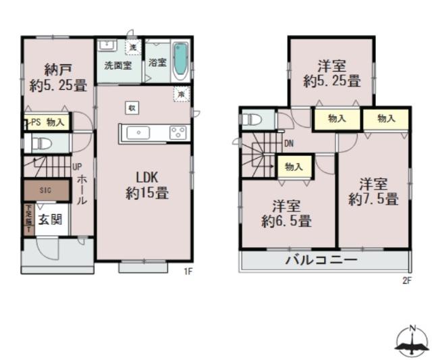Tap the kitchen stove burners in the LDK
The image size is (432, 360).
click(178, 132)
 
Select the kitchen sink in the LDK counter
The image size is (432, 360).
click(139, 132)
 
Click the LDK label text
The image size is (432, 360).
click(147, 177)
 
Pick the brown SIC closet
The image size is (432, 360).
click(46, 191)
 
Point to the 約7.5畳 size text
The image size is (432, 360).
click(373, 199)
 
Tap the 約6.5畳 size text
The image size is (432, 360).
click(286, 220)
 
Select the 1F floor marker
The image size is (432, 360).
click(189, 273)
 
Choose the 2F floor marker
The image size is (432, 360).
click(406, 280)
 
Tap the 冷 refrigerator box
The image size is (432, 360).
click(181, 95)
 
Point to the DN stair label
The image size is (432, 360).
click(288, 143)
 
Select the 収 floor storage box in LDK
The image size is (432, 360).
click(132, 108)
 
